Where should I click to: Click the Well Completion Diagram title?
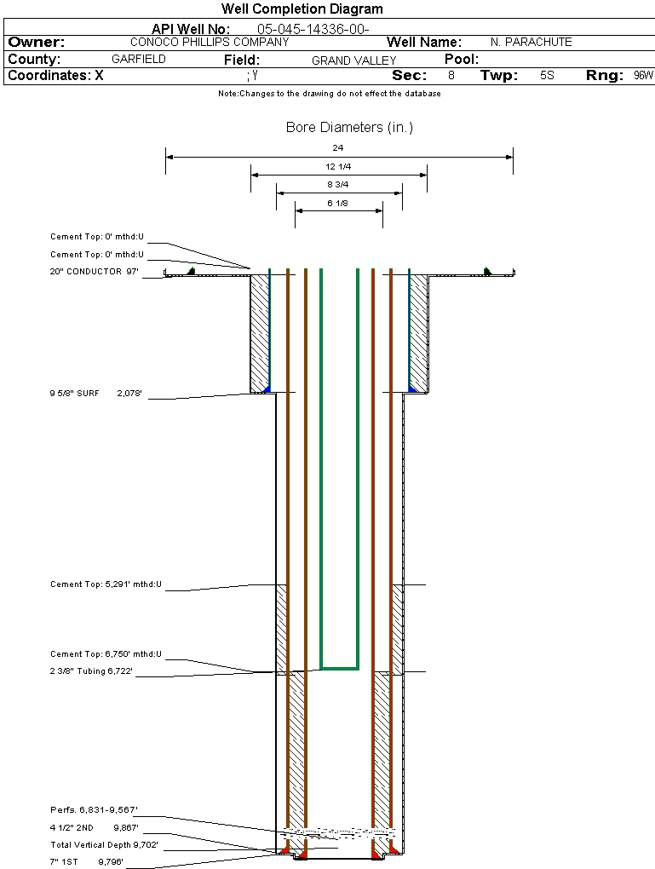point(302,9)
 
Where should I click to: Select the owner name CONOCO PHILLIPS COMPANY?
point(210,42)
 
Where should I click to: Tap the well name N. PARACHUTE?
point(531,42)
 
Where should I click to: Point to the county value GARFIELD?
point(139,60)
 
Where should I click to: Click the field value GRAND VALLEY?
point(353,60)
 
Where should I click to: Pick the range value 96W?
point(643,76)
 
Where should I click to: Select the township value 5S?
point(547,76)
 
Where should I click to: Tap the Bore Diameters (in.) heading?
point(349,128)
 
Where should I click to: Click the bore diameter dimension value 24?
point(337,147)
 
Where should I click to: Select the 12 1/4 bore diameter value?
point(338,166)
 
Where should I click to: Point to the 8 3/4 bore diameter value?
point(338,185)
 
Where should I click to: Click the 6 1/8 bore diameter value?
point(338,203)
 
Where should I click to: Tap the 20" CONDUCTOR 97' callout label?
point(95,272)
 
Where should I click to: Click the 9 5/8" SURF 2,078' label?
point(95,394)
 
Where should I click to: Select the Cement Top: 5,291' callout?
point(106,584)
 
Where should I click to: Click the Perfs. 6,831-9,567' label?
point(94,810)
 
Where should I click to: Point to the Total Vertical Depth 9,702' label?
point(105,845)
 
